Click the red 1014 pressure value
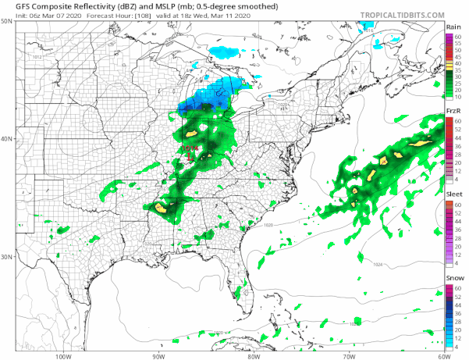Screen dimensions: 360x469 pos(190,148)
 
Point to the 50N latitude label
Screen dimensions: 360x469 pos(7,22)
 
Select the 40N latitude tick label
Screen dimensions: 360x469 pos(7,139)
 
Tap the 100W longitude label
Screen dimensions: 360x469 pos(63,356)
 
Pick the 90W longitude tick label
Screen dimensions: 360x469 pos(158,356)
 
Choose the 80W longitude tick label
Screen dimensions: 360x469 pos(253,356)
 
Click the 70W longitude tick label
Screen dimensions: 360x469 pos(348,356)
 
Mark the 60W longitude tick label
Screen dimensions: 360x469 pos(442,356)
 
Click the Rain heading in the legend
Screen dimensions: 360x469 pos(452,27)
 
